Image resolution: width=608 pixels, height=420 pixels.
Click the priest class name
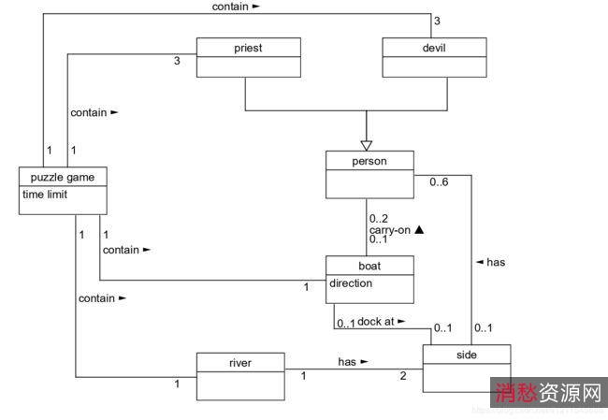pyautogui.click(x=248, y=46)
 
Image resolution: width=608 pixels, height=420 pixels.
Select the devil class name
pyautogui.click(x=435, y=46)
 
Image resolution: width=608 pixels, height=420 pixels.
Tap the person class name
pyautogui.click(x=369, y=161)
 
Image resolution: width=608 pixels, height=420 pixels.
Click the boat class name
pyautogui.click(x=369, y=266)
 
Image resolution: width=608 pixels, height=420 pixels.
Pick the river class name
pyautogui.click(x=240, y=361)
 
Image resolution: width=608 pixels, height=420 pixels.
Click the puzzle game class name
pyautogui.click(x=63, y=177)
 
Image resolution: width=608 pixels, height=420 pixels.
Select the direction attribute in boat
pyautogui.click(x=351, y=282)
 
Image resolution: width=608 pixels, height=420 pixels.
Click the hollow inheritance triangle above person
pyautogui.click(x=366, y=144)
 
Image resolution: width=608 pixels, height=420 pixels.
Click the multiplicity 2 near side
pyautogui.click(x=403, y=376)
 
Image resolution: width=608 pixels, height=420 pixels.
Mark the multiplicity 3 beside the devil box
pyautogui.click(x=436, y=21)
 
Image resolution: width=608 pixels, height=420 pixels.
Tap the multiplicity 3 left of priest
pyautogui.click(x=177, y=63)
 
